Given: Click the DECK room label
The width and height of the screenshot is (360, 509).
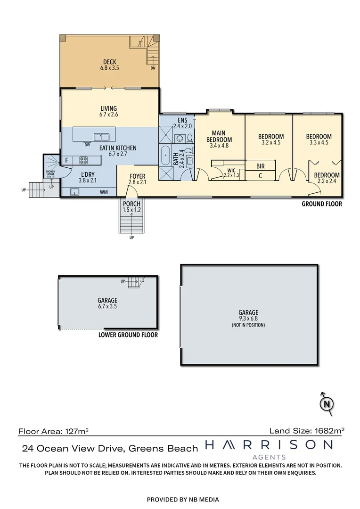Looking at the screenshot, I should click(109, 62).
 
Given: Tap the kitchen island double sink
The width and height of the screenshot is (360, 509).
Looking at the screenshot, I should click(101, 137).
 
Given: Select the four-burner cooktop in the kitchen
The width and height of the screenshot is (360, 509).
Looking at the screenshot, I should click(77, 160).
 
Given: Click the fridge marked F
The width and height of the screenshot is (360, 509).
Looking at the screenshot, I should click(66, 160).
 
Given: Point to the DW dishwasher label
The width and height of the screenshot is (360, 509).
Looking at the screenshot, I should click(87, 145).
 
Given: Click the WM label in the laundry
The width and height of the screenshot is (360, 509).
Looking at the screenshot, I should click(104, 192).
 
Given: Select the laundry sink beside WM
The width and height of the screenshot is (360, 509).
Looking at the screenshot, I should click(74, 191).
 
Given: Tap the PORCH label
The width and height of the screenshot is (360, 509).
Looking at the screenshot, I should click(132, 204).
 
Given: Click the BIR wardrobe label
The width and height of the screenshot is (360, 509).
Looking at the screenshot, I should click(260, 166).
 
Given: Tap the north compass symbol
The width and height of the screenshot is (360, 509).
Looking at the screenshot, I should click(326, 403).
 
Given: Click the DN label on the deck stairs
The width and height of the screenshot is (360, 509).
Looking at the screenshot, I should click(153, 68).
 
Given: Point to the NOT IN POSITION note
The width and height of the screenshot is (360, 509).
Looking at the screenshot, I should click(248, 325).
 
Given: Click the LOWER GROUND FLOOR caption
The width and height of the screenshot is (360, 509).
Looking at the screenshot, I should click(128, 335).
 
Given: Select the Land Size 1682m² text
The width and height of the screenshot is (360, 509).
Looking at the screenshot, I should click(307, 430).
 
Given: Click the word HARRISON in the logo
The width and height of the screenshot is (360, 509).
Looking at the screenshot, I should click(269, 445).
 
